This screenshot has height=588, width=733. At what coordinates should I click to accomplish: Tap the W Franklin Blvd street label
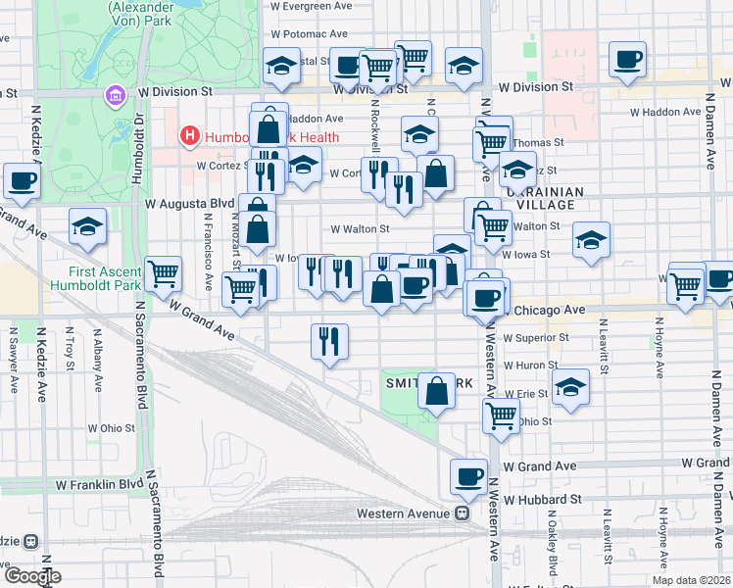pos(99,484)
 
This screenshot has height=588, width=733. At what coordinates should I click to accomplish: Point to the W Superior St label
pos(535,338)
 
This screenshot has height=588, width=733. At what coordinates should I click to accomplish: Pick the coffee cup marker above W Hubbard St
pos(468,477)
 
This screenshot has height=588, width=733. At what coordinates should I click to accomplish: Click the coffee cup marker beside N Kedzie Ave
pos(22,180)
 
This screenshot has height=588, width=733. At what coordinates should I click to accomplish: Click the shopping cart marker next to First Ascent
pos(163,272)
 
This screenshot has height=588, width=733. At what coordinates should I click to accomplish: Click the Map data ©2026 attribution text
pos(691,580)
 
